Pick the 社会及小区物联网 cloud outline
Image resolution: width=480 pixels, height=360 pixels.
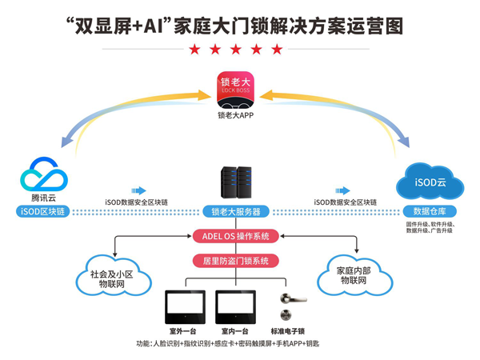coord(119,276)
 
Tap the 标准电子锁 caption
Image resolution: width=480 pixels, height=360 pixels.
coord(287,330)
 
